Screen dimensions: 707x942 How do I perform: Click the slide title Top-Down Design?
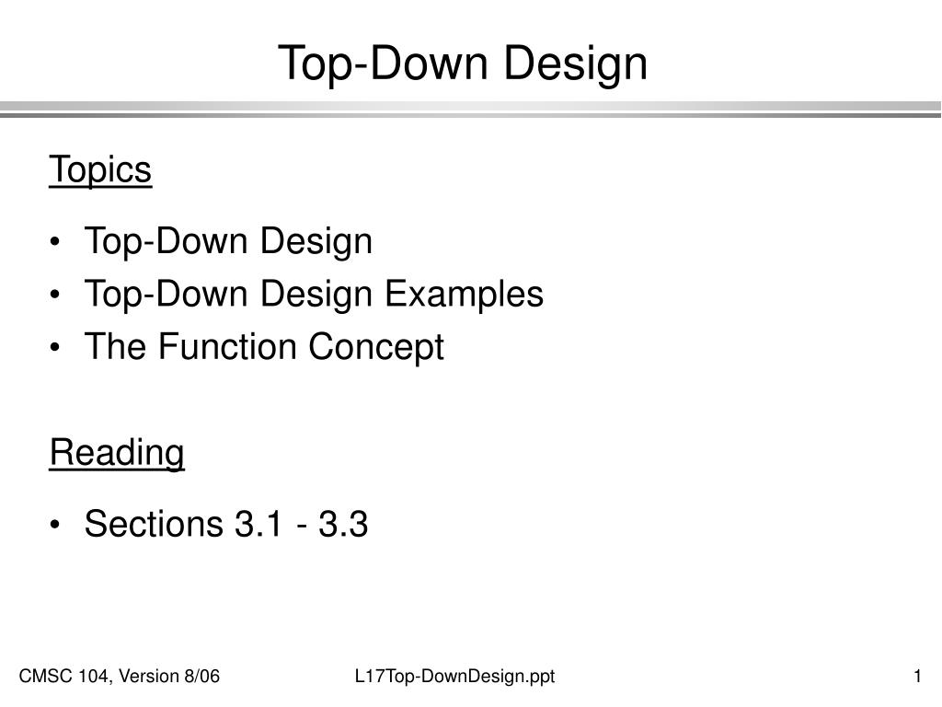click(x=463, y=63)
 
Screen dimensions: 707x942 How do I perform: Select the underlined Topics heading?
click(x=100, y=170)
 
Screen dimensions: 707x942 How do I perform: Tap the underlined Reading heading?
click(x=117, y=453)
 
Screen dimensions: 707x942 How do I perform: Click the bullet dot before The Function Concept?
click(x=58, y=349)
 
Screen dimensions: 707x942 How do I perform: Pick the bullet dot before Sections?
click(x=58, y=526)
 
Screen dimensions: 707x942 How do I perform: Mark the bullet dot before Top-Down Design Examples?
click(x=58, y=296)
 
